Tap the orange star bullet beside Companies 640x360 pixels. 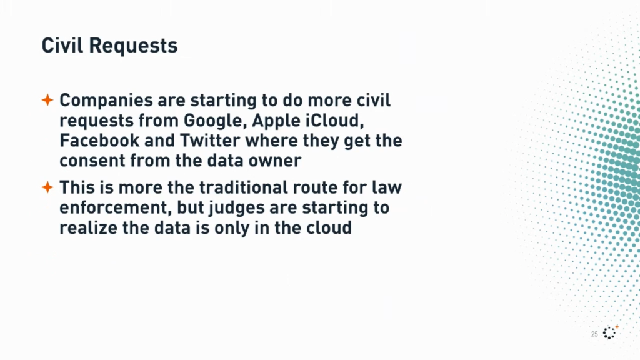coord(47,99)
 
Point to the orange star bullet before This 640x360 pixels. coord(47,187)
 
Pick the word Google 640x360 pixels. coord(215,121)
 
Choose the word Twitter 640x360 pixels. coord(210,141)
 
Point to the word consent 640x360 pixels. coord(92,161)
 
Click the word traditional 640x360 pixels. coord(244,187)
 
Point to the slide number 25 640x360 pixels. coord(594,334)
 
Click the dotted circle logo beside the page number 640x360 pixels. coord(609,332)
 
